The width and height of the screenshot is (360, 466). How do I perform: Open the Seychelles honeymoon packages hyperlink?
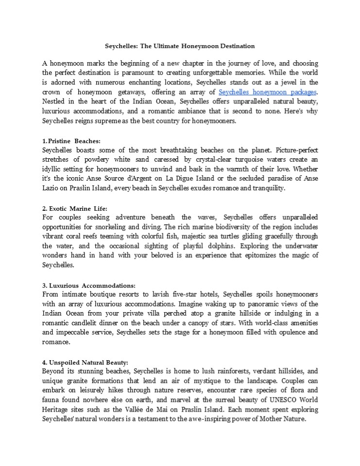point(268,92)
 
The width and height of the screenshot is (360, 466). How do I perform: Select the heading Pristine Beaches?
point(73,141)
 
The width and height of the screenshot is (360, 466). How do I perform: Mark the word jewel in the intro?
point(282,82)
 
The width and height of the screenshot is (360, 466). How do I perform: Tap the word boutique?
point(105,295)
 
